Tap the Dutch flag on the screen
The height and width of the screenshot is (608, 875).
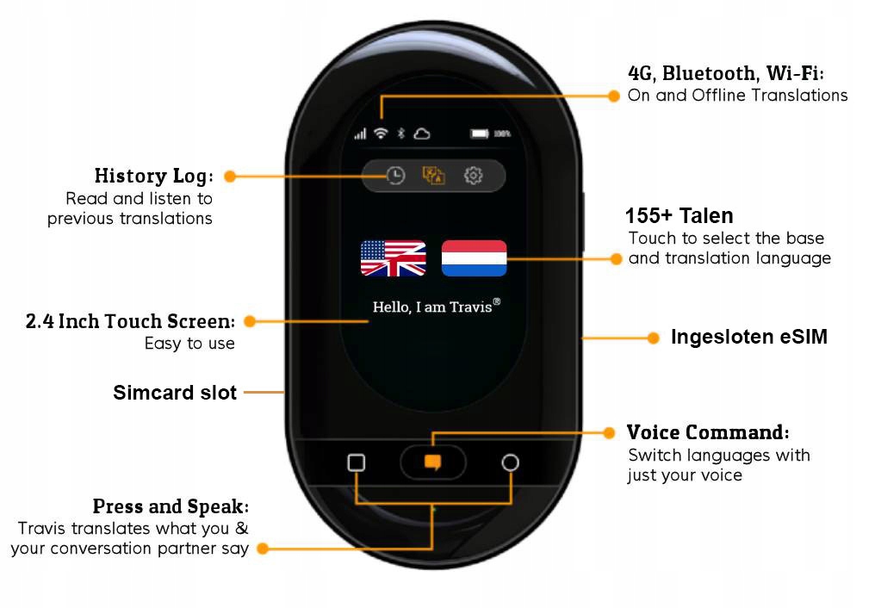(474, 258)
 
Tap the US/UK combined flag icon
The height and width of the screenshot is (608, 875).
(393, 258)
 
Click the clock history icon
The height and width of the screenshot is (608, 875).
(394, 176)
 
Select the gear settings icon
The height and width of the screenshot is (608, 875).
(473, 176)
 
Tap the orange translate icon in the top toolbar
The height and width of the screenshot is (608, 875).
(433, 176)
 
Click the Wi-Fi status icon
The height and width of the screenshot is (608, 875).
(381, 133)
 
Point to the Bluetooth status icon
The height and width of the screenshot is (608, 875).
(400, 133)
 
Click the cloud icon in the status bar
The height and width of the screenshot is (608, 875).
(422, 133)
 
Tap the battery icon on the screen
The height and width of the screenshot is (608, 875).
(480, 133)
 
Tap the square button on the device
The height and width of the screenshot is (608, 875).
(356, 462)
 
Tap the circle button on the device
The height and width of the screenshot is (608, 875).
(510, 462)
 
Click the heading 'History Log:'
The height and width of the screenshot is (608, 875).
(153, 176)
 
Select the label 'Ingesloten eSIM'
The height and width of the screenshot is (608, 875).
(748, 338)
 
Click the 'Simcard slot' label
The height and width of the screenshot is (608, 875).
(175, 394)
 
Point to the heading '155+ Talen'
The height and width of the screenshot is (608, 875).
(679, 215)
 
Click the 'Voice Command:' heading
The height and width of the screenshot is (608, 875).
(707, 431)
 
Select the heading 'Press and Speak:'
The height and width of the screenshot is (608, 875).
(171, 506)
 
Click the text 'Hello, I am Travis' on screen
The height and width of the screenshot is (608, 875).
(436, 307)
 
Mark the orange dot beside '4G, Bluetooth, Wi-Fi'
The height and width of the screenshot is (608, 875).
(614, 96)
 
